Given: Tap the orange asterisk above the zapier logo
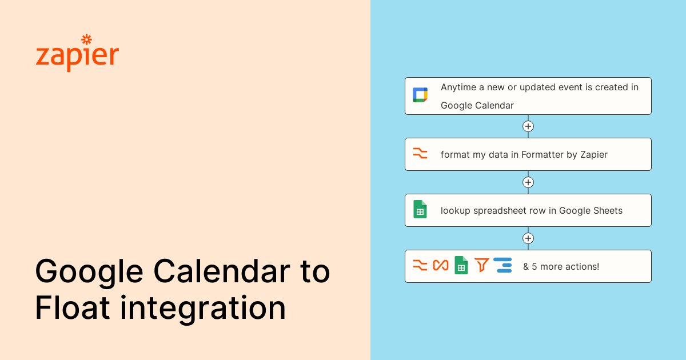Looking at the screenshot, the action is pyautogui.click(x=87, y=39).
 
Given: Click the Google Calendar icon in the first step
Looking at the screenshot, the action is pyautogui.click(x=420, y=95).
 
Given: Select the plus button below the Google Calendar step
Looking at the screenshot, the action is pyautogui.click(x=528, y=126).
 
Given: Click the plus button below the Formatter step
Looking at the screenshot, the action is pyautogui.click(x=528, y=182).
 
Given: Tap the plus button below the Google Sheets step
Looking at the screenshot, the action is pyautogui.click(x=528, y=238).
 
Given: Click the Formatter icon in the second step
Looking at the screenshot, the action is pyautogui.click(x=420, y=153).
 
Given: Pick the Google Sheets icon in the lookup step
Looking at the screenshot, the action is pyautogui.click(x=420, y=209).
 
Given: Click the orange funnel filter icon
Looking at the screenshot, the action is pyautogui.click(x=481, y=265).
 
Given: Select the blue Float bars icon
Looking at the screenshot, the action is pyautogui.click(x=502, y=265).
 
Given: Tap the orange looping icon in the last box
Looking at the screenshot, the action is pyautogui.click(x=441, y=265).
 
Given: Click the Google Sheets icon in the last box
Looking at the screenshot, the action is pyautogui.click(x=461, y=265).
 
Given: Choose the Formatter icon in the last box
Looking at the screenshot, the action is pyautogui.click(x=420, y=265).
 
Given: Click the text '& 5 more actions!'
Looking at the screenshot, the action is pyautogui.click(x=561, y=266).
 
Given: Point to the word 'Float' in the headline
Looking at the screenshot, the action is pyautogui.click(x=72, y=307).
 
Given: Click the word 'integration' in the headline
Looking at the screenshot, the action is pyautogui.click(x=203, y=309).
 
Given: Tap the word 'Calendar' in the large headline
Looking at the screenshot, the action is pyautogui.click(x=222, y=271).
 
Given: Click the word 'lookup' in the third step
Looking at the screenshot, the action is pyautogui.click(x=456, y=211).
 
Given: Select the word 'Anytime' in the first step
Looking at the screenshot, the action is pyautogui.click(x=458, y=87).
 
